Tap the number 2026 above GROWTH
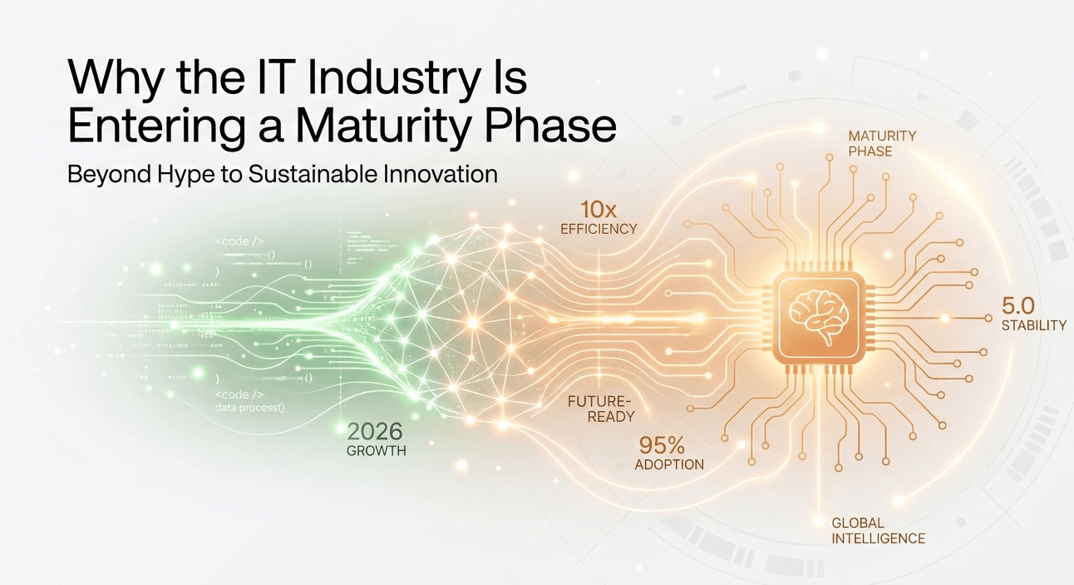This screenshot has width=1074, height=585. tap(374, 431)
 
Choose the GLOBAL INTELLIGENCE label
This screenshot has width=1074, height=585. tap(878, 530)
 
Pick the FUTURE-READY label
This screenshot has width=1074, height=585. tap(601, 409)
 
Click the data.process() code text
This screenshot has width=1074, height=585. tap(249, 407)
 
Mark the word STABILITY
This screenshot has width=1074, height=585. tap(1033, 325)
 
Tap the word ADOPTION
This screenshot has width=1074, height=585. tap(669, 464)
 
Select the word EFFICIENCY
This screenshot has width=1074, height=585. tap(599, 228)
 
